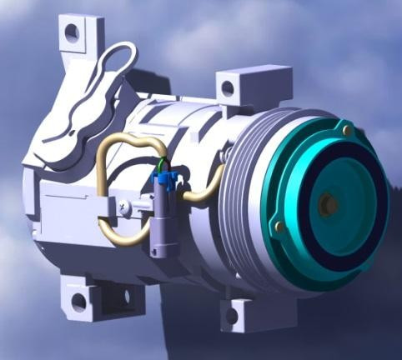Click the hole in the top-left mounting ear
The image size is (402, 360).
pos(72,32)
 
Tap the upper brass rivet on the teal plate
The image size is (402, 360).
pos(347,131)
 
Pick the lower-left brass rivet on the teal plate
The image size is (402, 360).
pos(280,227)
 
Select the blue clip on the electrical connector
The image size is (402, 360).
pos(164,183)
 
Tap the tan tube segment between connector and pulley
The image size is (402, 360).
pos(204,190)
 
